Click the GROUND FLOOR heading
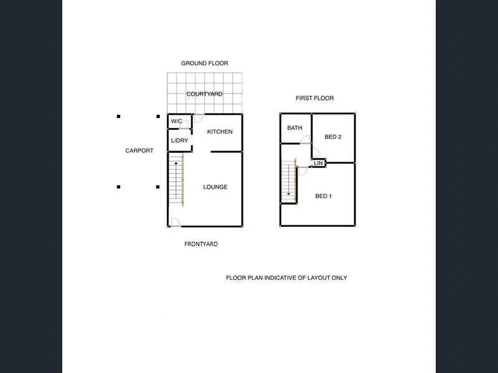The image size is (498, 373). tap(204, 63)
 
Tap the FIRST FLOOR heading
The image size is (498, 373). tap(314, 98)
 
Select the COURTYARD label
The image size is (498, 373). tap(204, 94)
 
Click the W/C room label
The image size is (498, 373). tap(176, 121)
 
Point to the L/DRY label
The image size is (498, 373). tap(179, 141)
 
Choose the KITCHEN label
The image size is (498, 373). tap(220, 132)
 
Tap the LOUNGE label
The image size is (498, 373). tap(215, 187)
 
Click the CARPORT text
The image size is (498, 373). tap(139, 151)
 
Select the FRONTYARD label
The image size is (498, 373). tap(201, 244)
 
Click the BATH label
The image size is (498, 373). tap(294, 128)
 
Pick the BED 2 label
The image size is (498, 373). tap(333, 137)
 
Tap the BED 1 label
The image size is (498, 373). tap(324, 196)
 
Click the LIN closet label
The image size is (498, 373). tap(318, 163)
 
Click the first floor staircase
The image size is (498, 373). tap(288, 180)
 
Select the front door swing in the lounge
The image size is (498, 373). tap(176, 223)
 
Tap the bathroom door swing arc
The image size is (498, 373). tap(305, 140)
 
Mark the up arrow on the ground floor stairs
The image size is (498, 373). tap(176, 163)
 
